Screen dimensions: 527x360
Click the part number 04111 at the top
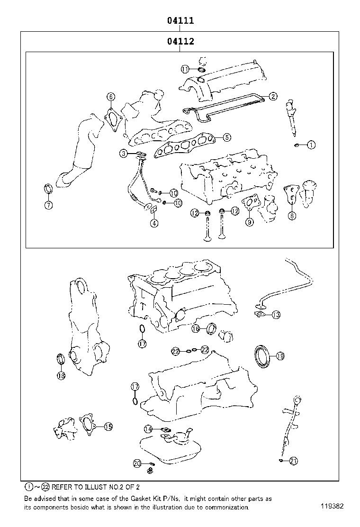coord(180,21)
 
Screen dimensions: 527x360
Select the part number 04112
coord(180,42)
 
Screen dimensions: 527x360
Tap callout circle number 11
coord(185,69)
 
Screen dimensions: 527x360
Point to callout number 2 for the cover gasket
coord(273,96)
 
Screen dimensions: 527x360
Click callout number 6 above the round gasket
coord(110,97)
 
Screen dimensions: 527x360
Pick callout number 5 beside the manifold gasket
coord(227,137)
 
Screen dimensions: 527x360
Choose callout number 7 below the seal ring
coord(48,205)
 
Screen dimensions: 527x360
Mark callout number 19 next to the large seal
coord(279,355)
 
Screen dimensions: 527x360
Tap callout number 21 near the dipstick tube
coord(293,461)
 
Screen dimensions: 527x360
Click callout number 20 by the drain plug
coord(137,463)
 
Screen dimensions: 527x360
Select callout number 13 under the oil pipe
coord(276,315)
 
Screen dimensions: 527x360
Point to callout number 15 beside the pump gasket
coord(108,427)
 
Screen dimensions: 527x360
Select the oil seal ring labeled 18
coord(61,360)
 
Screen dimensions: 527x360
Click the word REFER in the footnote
coord(63,487)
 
